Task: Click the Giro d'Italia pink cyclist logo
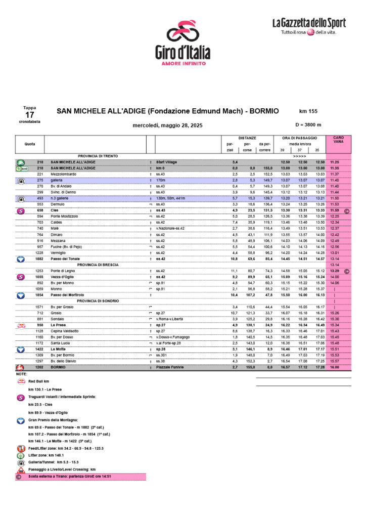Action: (182, 33)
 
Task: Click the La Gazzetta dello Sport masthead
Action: (309, 23)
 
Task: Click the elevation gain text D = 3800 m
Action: (308, 125)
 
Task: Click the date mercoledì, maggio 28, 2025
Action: (167, 125)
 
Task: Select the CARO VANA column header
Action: (339, 140)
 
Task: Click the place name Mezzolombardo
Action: (64, 174)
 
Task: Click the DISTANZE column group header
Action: (247, 138)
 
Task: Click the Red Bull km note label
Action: (39, 380)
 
